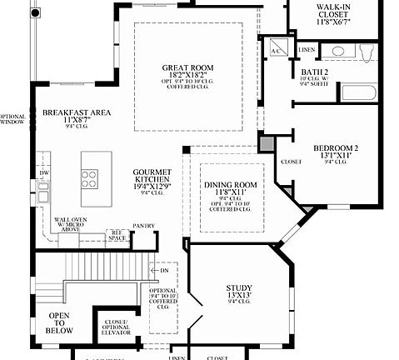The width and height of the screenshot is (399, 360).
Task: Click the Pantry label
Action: [143, 225]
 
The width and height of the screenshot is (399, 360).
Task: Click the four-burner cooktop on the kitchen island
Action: [88, 178]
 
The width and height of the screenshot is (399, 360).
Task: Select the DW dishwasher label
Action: [44, 173]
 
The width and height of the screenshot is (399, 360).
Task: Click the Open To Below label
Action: [59, 322]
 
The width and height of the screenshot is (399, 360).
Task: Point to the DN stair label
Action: [163, 270]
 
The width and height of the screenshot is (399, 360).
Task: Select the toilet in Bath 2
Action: [367, 52]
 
